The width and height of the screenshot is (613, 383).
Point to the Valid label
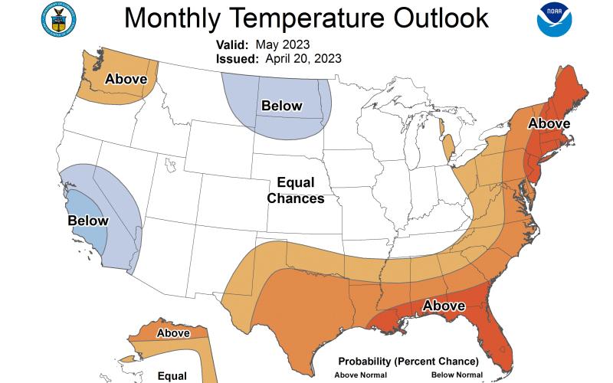tap(229, 44)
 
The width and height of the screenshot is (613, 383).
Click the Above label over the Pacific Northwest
tap(126, 78)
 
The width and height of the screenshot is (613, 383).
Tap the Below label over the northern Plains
tap(282, 106)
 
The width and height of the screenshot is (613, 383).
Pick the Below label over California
tap(88, 221)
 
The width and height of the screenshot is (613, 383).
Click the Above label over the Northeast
tap(549, 123)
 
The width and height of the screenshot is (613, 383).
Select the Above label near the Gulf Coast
tap(444, 306)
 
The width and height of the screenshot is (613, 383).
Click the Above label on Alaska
tap(173, 333)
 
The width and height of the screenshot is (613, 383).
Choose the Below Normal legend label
tap(457, 375)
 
